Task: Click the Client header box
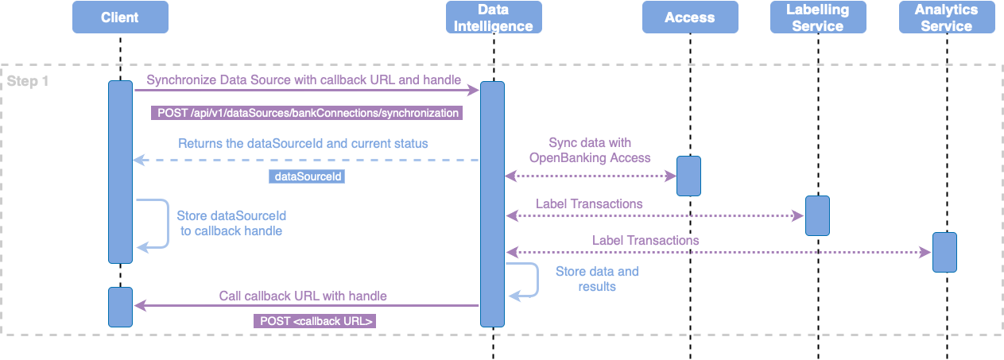(x=120, y=17)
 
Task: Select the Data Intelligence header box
(x=494, y=17)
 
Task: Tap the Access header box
(x=689, y=17)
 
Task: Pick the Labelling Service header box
(x=817, y=17)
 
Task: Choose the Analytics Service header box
(x=946, y=17)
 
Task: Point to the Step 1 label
(x=28, y=81)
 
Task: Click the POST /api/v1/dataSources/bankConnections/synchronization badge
(x=306, y=113)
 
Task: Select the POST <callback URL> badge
(x=315, y=321)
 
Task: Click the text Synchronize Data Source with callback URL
(x=304, y=80)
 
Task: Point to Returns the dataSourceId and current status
(x=303, y=144)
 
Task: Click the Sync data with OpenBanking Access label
(x=589, y=150)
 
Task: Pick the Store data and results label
(x=596, y=278)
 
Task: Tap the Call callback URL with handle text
(x=303, y=296)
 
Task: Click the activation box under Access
(x=688, y=176)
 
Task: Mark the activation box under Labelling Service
(x=817, y=215)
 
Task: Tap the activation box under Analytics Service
(x=944, y=252)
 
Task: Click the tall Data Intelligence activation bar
(x=493, y=203)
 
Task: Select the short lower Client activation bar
(x=120, y=307)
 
